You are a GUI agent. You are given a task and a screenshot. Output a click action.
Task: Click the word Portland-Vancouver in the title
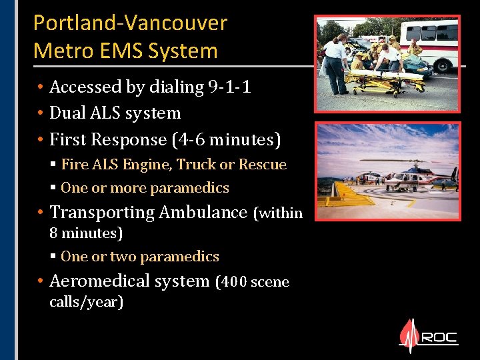(x=130, y=23)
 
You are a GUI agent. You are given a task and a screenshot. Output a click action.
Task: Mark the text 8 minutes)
(x=87, y=233)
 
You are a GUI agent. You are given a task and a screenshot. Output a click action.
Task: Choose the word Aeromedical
(x=100, y=281)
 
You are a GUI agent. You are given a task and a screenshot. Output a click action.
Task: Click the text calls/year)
(x=87, y=302)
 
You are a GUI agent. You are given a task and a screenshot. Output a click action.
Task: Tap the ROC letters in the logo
(x=440, y=337)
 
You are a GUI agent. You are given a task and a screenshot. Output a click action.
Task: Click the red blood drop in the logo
(x=409, y=337)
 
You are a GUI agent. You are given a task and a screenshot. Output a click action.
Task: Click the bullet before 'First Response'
(x=41, y=140)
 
